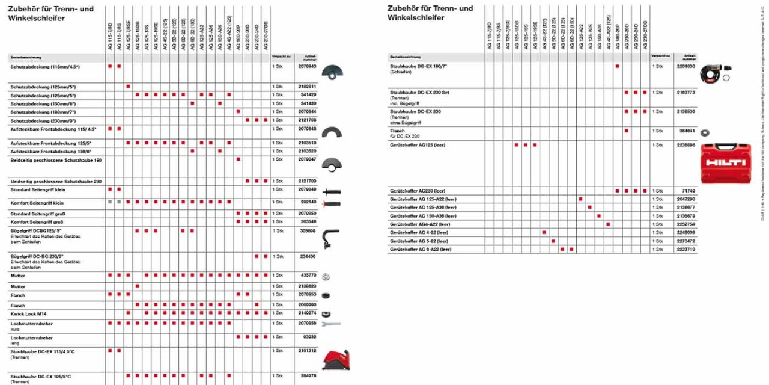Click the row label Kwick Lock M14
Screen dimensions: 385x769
(x=28, y=314)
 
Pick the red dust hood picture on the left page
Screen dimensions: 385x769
(x=336, y=359)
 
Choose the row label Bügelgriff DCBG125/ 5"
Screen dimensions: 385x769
(x=36, y=230)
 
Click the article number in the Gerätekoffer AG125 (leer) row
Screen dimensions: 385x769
(x=685, y=145)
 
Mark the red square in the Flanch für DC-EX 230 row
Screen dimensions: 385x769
(x=627, y=131)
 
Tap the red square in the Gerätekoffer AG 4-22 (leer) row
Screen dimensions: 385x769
(x=544, y=232)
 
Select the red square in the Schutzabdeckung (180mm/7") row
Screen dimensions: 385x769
(x=239, y=111)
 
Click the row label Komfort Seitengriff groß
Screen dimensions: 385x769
(x=38, y=222)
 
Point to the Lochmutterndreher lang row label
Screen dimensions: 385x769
(x=32, y=338)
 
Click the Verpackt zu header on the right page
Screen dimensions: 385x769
(x=660, y=57)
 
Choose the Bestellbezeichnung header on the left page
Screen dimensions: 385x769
(x=25, y=57)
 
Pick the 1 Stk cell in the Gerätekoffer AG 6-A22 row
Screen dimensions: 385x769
(x=657, y=249)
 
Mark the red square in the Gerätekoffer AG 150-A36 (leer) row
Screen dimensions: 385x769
(x=599, y=215)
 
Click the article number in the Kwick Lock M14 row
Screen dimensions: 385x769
(x=307, y=314)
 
